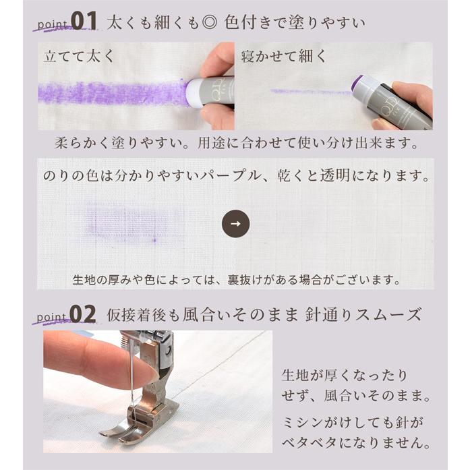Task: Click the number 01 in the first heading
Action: tap(85, 21)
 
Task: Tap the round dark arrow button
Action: tap(235, 225)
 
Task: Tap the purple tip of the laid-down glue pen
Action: tap(357, 84)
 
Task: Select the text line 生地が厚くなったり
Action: tap(345, 375)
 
